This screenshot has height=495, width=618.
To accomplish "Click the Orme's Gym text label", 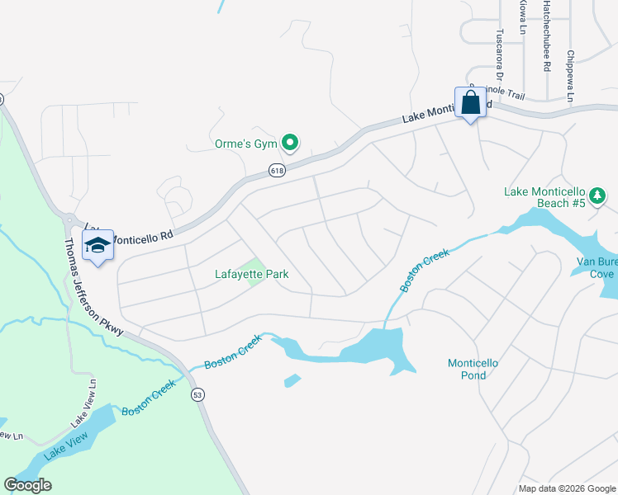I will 240,144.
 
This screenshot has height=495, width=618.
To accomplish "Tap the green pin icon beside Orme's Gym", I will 289,144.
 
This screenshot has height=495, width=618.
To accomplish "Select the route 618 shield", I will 276,171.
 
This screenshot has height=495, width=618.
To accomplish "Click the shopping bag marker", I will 470,104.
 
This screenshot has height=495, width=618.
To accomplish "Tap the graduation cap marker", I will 98,246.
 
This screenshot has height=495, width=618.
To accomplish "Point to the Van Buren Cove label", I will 597,268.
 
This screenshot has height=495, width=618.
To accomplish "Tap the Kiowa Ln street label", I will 522,16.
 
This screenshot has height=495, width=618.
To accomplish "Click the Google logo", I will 27,485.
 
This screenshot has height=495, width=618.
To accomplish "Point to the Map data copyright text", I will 567,488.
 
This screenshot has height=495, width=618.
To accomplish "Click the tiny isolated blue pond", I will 292,380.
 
